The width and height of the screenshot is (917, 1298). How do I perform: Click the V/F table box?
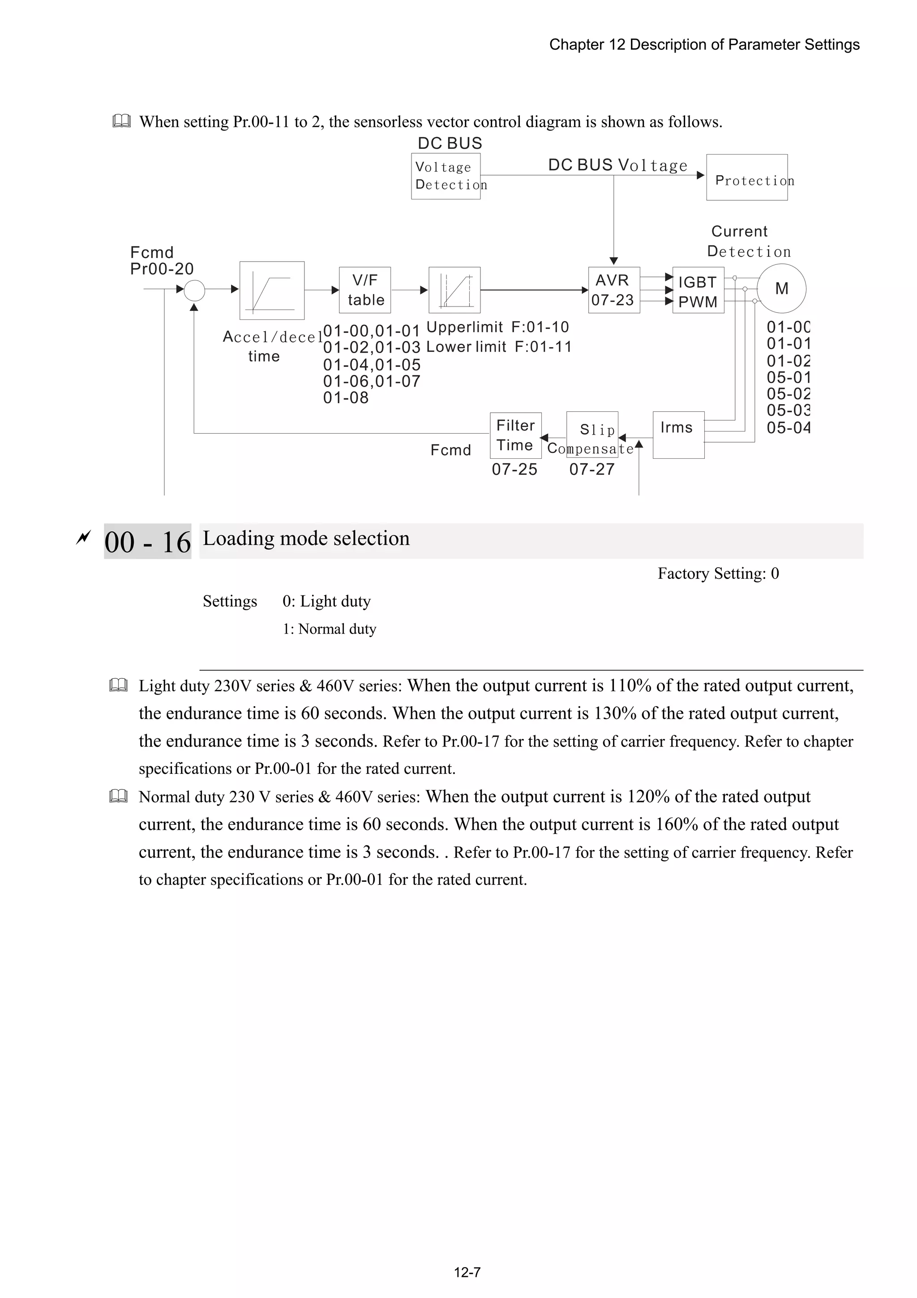point(364,290)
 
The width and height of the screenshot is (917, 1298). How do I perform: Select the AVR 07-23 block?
point(613,290)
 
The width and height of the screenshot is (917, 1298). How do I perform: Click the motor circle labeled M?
point(781,289)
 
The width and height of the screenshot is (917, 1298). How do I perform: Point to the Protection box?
point(746,177)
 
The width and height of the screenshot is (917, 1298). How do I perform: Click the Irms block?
point(678,435)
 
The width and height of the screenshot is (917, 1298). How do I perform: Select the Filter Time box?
point(515,436)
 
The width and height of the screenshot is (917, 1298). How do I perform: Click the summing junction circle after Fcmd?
point(194,290)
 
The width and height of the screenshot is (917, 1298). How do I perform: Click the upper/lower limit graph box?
point(454,290)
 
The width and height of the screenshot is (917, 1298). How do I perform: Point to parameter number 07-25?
point(514,469)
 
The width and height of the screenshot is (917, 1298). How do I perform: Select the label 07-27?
point(591,469)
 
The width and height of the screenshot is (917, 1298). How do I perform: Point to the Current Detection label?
point(748,241)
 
